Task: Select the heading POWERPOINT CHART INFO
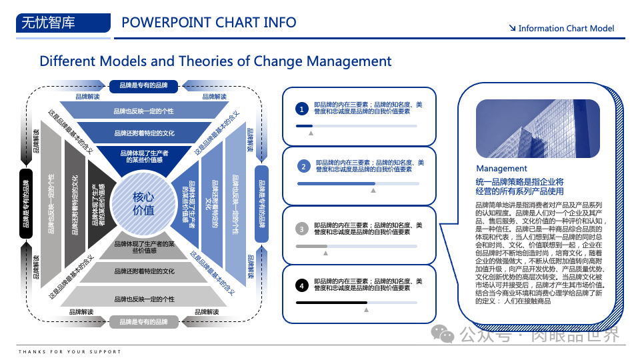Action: click(209, 23)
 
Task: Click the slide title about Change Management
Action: click(215, 61)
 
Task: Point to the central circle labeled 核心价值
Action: click(143, 203)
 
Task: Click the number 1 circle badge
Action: click(301, 109)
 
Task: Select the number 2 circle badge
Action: click(303, 166)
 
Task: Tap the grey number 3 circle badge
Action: click(301, 229)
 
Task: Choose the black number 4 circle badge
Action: click(301, 285)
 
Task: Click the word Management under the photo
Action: click(501, 169)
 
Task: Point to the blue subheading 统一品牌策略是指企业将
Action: click(520, 182)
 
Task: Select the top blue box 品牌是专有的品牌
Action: click(143, 85)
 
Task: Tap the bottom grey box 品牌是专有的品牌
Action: click(143, 322)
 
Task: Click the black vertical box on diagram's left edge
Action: click(25, 203)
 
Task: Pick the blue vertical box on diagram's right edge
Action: click(261, 203)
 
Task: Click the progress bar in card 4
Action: click(356, 303)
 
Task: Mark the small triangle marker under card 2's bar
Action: click(373, 191)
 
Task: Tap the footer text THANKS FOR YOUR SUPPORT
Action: click(70, 351)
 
